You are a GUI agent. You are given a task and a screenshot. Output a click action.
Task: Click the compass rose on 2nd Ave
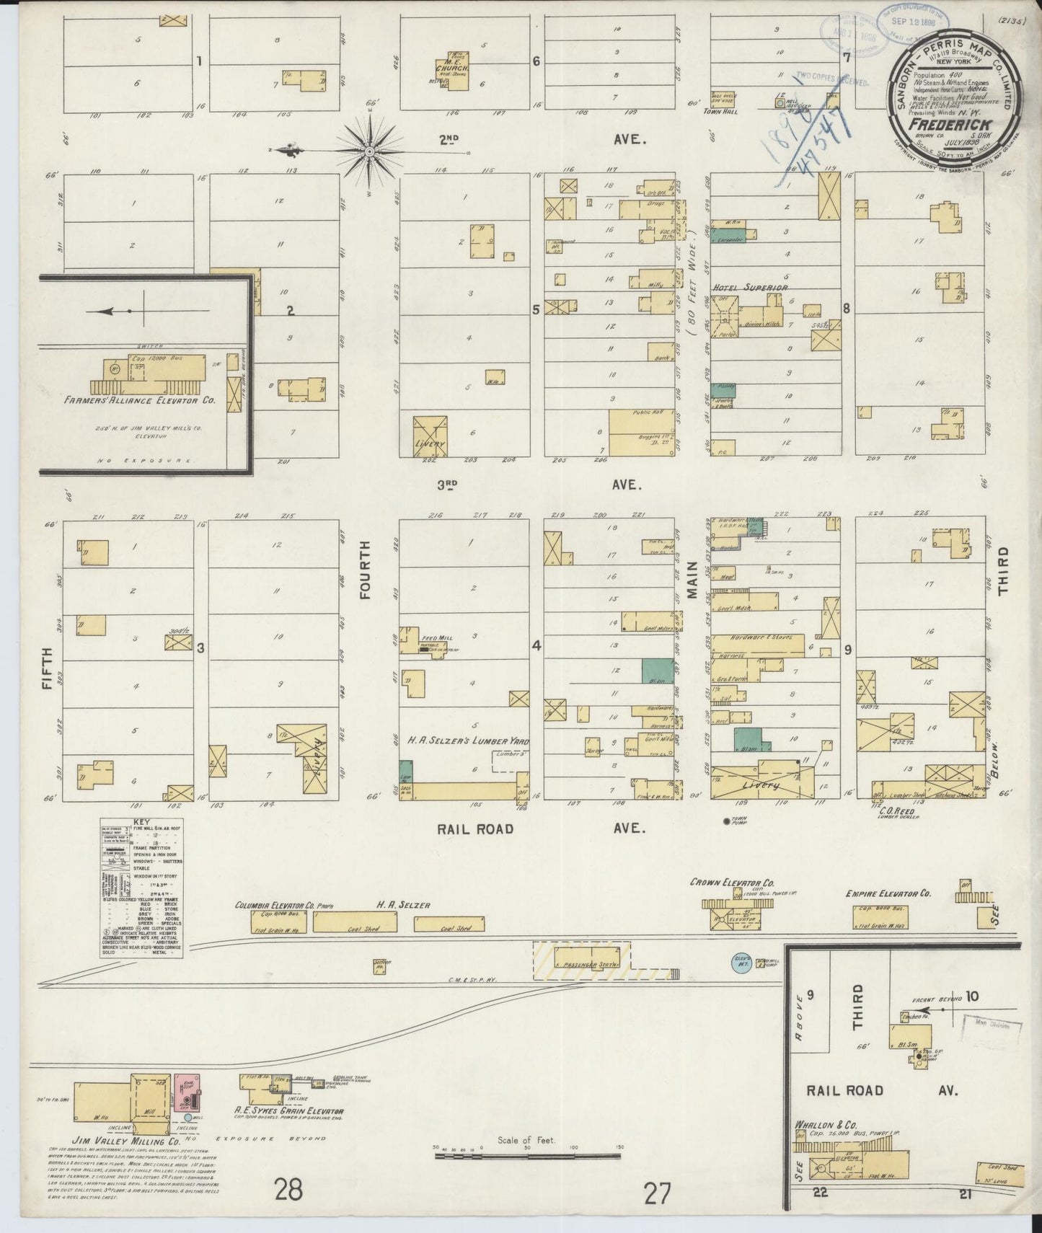click(x=369, y=151)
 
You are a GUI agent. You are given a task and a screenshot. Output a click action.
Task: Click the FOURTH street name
click(x=365, y=583)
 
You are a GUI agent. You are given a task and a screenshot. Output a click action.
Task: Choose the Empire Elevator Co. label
click(x=888, y=894)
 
